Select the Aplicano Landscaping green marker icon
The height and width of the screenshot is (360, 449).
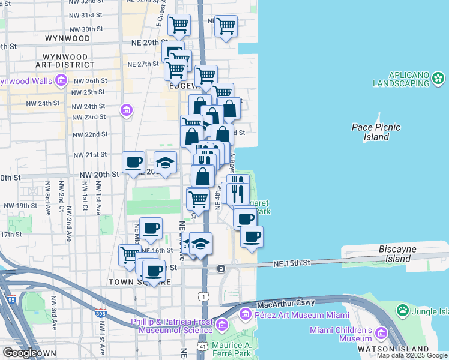439,78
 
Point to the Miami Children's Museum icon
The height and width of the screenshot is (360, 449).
381,333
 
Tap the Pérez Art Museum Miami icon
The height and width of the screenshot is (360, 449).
245,314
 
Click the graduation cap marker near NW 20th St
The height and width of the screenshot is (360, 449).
165,162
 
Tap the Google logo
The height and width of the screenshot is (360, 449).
20,353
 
